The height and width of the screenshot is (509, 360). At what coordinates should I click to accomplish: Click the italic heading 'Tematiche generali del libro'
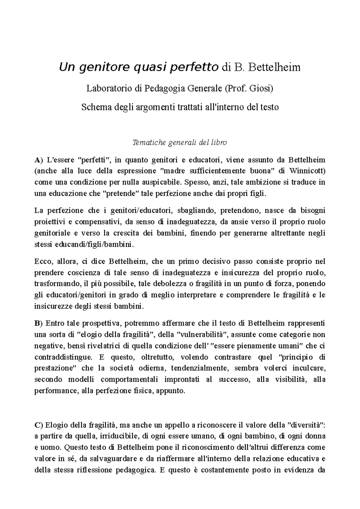tap(180, 142)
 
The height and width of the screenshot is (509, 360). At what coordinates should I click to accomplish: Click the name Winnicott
tap(307, 171)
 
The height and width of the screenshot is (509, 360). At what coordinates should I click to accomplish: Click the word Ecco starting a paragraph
tap(43, 261)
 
